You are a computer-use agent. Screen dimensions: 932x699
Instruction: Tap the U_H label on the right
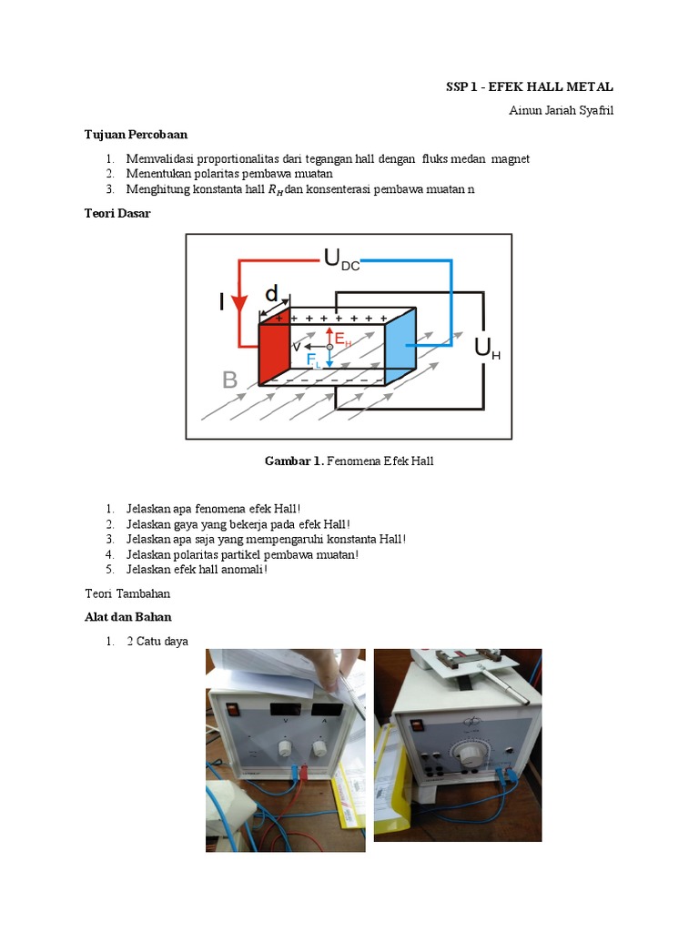coord(486,349)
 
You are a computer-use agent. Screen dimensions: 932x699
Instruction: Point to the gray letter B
coord(229,380)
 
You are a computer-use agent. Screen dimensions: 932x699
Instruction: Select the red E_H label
coord(343,339)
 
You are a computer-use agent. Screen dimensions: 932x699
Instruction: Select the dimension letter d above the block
coord(271,294)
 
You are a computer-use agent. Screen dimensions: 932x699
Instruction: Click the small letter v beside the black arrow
coord(296,347)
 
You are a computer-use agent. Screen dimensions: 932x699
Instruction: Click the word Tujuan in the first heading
coord(103,135)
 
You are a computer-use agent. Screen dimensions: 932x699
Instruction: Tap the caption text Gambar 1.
coord(293,461)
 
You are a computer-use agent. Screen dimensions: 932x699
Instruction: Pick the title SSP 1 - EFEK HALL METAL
coord(529,87)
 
